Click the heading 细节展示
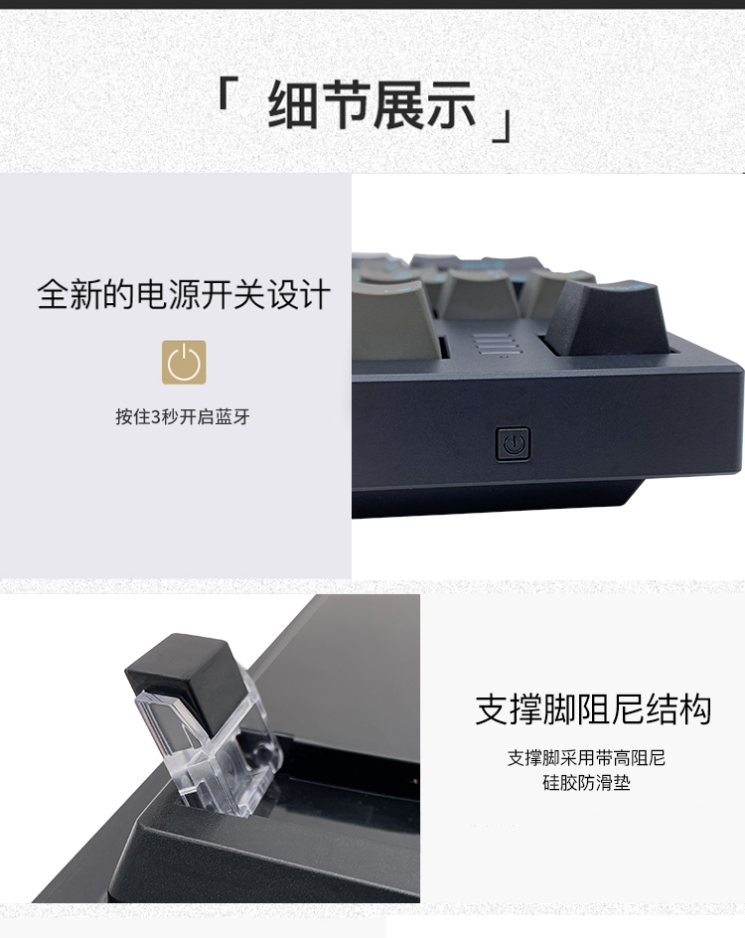click(x=372, y=105)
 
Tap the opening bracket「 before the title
click(x=226, y=93)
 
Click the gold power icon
click(x=184, y=362)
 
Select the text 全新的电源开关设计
click(x=184, y=294)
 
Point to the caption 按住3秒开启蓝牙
click(x=183, y=416)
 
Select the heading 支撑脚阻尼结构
click(x=593, y=709)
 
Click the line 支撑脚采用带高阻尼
click(x=586, y=758)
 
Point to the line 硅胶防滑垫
click(x=586, y=782)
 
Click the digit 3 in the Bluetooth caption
click(x=156, y=417)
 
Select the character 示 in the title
click(x=451, y=105)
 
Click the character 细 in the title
click(x=292, y=105)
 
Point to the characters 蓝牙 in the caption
click(x=233, y=416)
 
